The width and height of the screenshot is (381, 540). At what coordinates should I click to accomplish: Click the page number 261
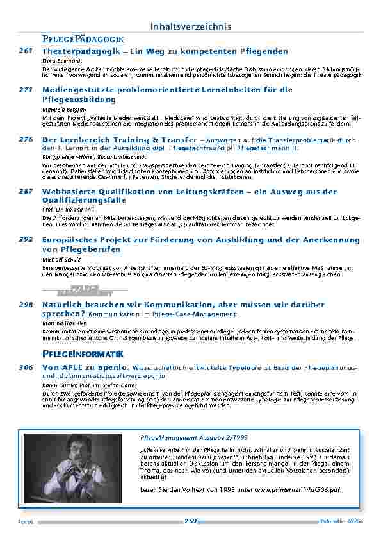pos(25,51)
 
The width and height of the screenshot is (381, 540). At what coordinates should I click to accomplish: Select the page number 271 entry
pos(25,90)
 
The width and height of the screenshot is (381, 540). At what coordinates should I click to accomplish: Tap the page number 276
pos(25,139)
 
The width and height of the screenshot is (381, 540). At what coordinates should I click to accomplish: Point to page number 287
pos(25,192)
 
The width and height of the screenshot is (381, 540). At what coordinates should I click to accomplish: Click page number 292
pos(25,240)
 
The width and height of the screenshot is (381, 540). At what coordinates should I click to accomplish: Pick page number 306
pos(25,367)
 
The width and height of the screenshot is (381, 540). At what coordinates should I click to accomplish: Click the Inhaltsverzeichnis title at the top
pos(190,26)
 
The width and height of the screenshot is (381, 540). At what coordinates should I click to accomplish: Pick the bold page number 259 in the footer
pos(190,521)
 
